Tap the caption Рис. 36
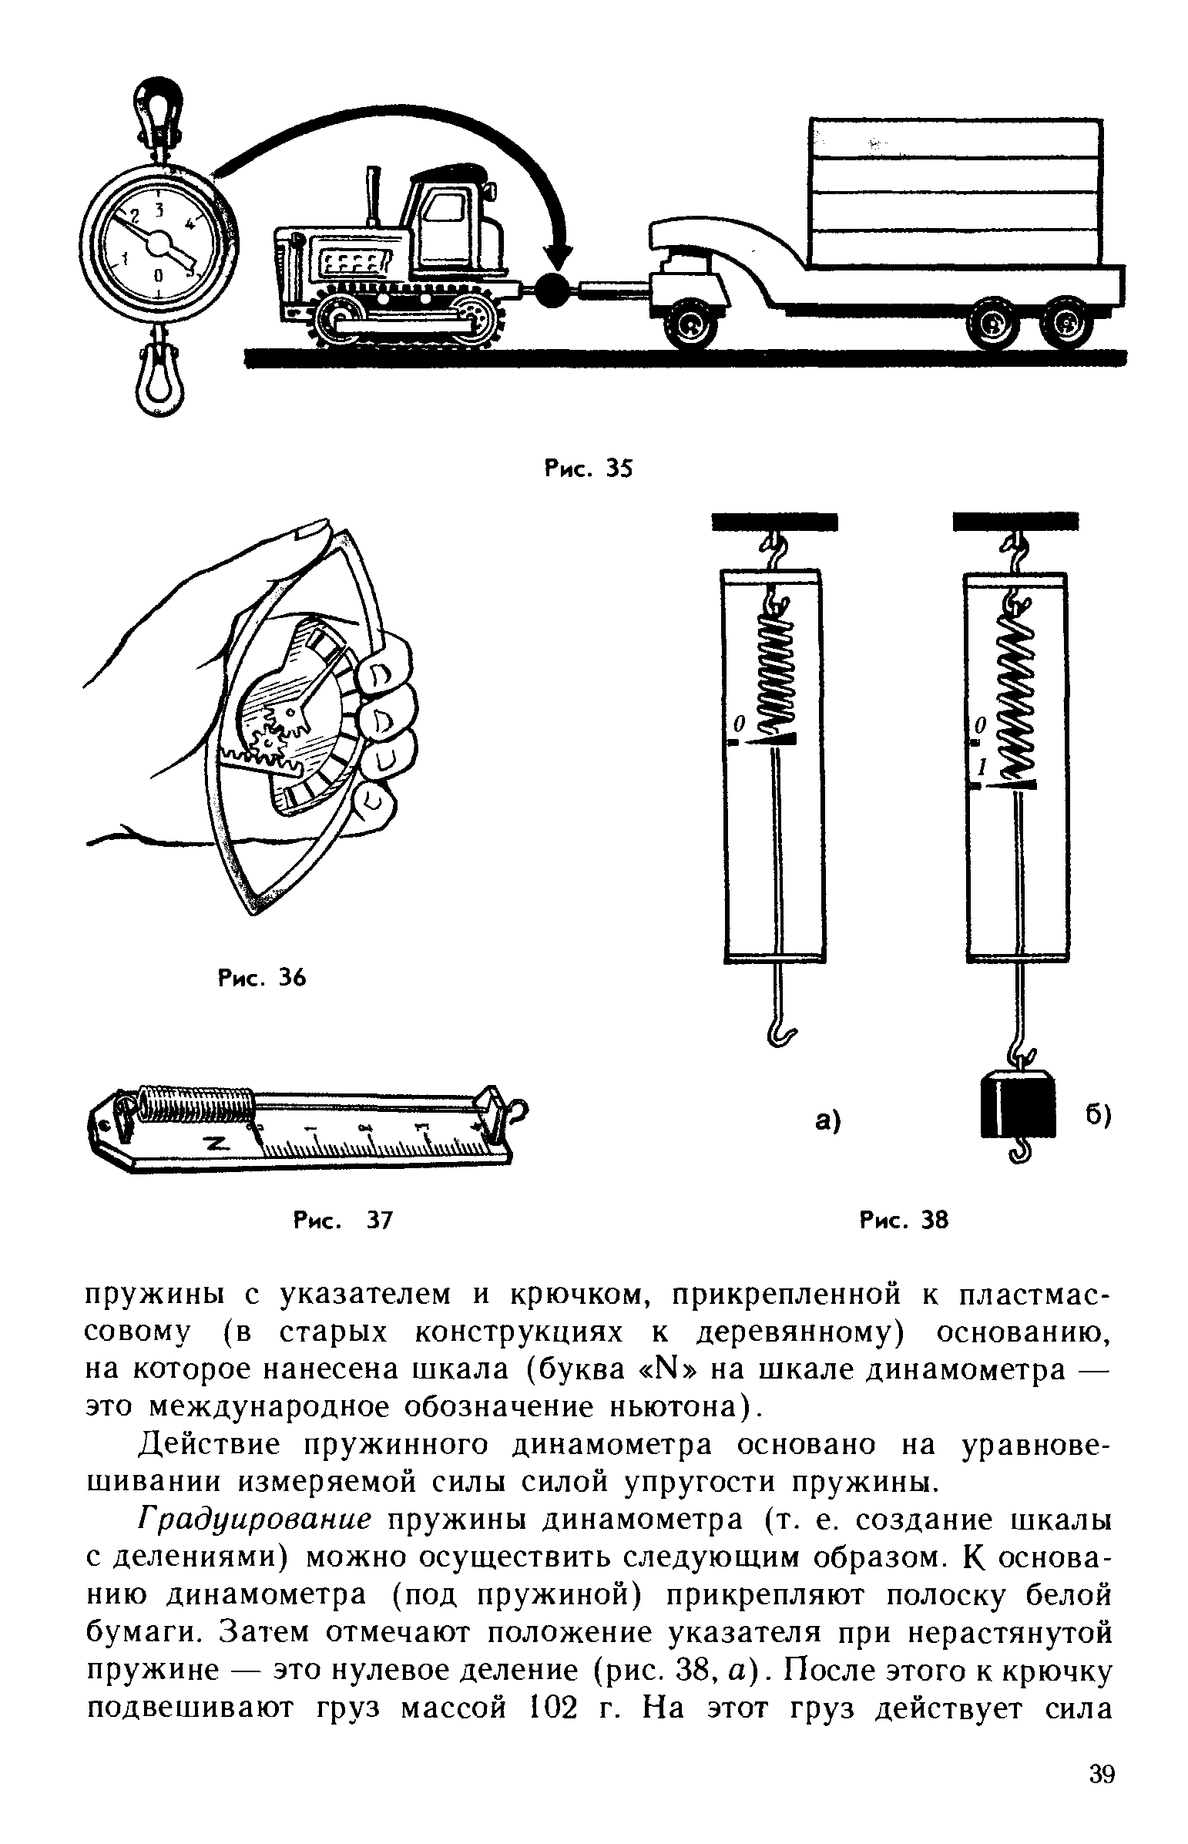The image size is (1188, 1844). click(262, 979)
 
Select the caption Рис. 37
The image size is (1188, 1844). click(344, 1220)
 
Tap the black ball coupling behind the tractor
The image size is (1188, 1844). click(552, 289)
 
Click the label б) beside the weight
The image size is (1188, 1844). click(1098, 1117)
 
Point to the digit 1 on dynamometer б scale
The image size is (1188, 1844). click(982, 767)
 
